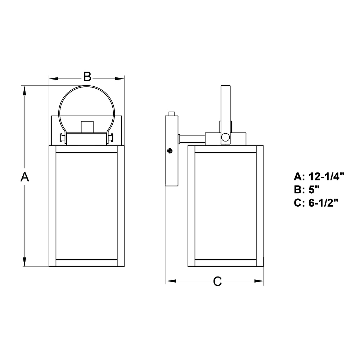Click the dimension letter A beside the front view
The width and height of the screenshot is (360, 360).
[x=25, y=177]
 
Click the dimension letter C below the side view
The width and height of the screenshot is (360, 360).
[x=217, y=281]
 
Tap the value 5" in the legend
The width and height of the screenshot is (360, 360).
[x=314, y=190]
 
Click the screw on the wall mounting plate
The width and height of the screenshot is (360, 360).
[x=170, y=151]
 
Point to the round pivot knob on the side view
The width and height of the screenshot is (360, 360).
[x=225, y=137]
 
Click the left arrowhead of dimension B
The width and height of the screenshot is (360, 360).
[x=54, y=79]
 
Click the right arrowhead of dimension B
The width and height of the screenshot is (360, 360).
[x=120, y=79]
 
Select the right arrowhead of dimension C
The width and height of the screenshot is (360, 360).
[x=259, y=281]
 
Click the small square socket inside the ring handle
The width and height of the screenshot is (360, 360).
[x=87, y=127]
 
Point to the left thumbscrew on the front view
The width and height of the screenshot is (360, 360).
[x=63, y=138]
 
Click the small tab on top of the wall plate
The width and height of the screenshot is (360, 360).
[x=171, y=114]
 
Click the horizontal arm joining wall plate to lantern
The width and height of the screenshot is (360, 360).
[x=192, y=139]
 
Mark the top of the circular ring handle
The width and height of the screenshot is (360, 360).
[x=86, y=86]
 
